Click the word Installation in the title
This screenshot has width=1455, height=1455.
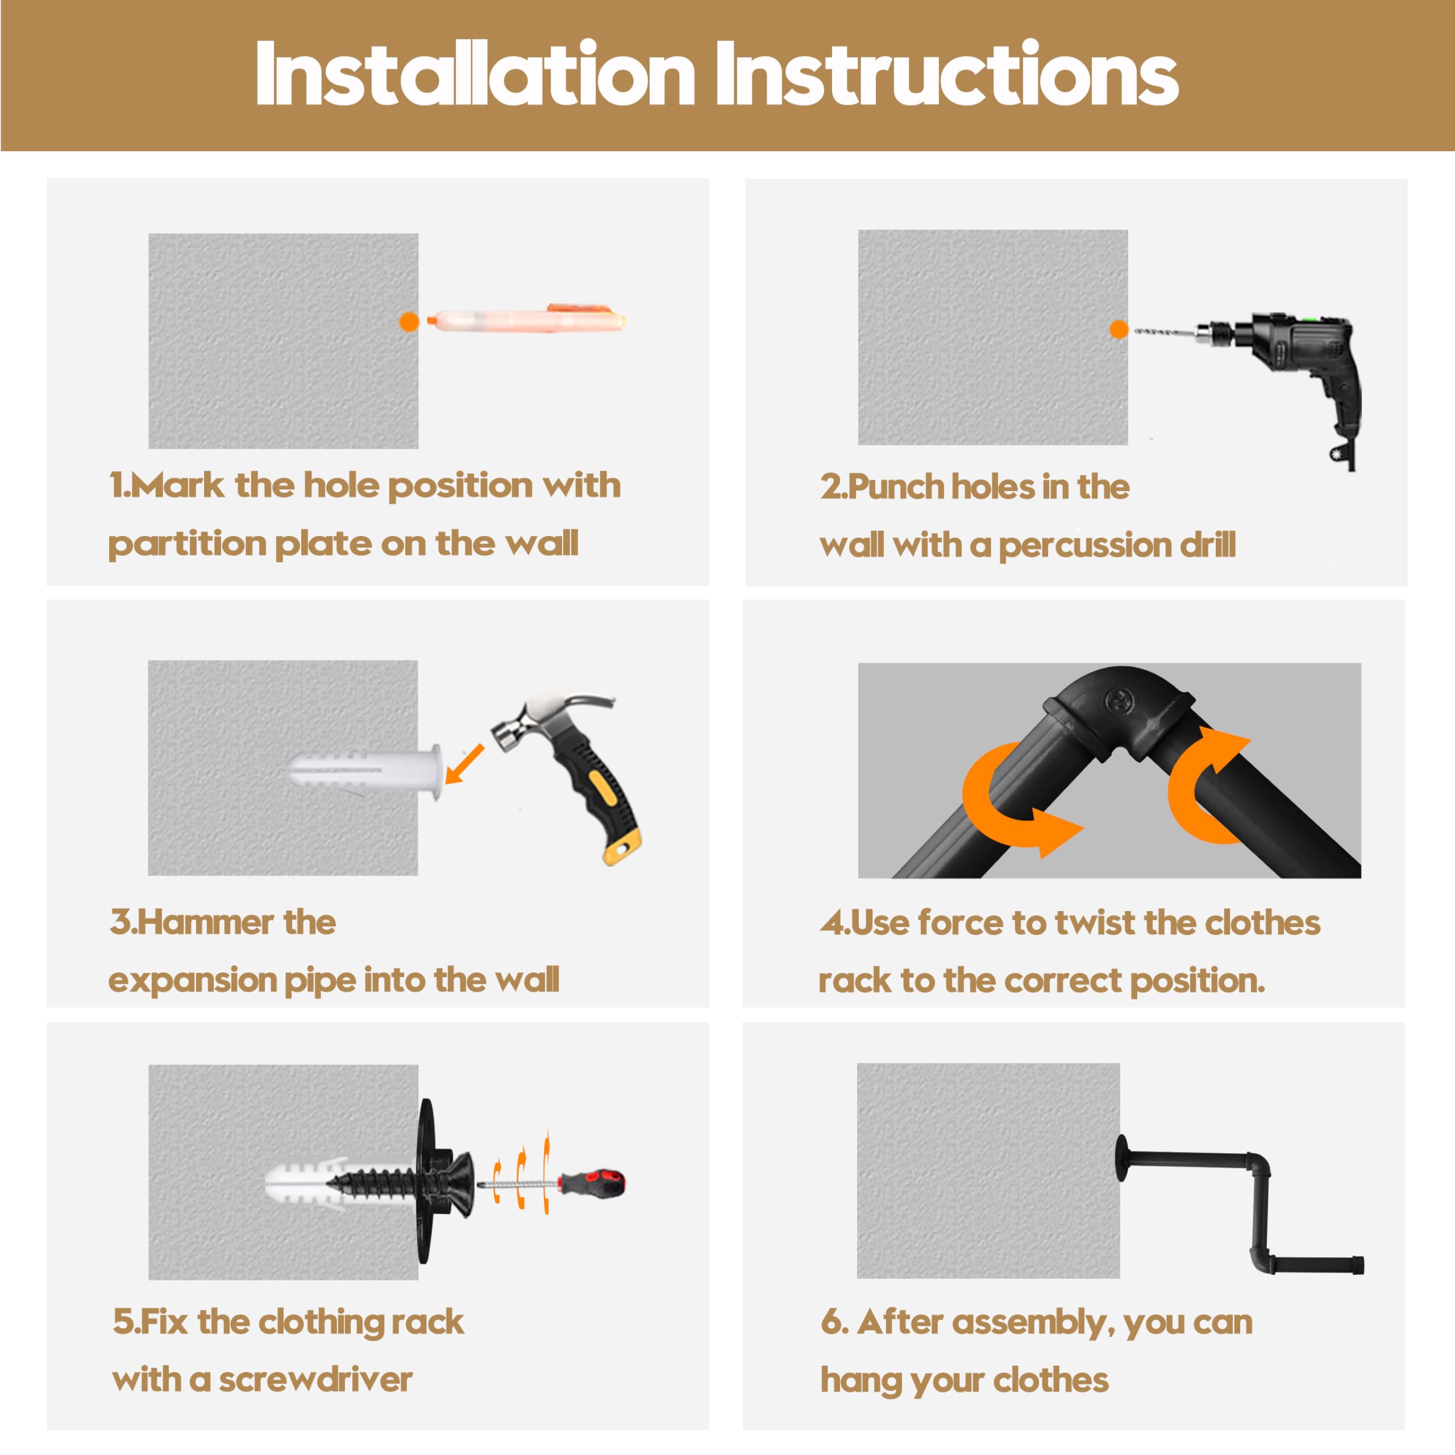(475, 73)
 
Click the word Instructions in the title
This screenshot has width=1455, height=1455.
(947, 73)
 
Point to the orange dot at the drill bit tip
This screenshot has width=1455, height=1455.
(1119, 329)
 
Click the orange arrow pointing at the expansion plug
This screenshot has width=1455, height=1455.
(465, 764)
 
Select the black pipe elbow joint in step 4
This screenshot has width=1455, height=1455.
(1119, 714)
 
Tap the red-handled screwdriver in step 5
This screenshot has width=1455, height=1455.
(554, 1184)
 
